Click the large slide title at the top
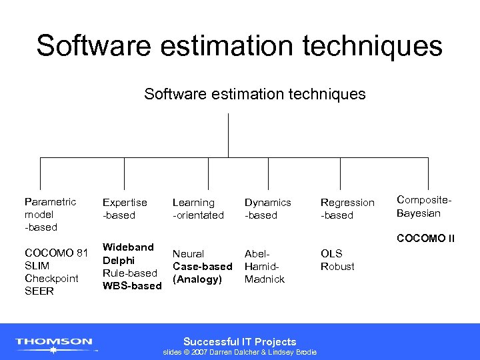pyautogui.click(x=239, y=46)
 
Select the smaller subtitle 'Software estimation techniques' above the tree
pyautogui.click(x=255, y=94)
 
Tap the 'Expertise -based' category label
pyautogui.click(x=125, y=209)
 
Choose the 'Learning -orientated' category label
pyautogui.click(x=198, y=209)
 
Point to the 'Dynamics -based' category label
pyautogui.click(x=267, y=209)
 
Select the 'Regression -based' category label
pyautogui.click(x=347, y=209)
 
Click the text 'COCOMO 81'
pyautogui.click(x=56, y=253)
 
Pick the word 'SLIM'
pyautogui.click(x=37, y=265)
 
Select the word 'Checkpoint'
pyautogui.click(x=51, y=278)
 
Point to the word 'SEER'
pyautogui.click(x=38, y=291)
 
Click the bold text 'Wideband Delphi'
pyautogui.click(x=128, y=253)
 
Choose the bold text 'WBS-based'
pyautogui.click(x=131, y=286)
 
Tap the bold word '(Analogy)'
pyautogui.click(x=197, y=279)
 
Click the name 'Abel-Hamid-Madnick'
pyautogui.click(x=265, y=266)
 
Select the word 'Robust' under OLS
pyautogui.click(x=337, y=266)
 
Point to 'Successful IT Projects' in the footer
pyautogui.click(x=239, y=341)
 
